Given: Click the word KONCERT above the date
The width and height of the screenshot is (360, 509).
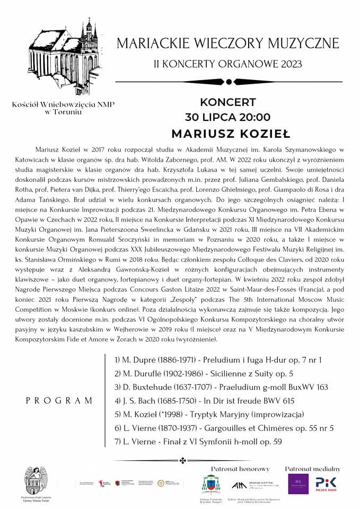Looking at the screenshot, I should coord(228,102).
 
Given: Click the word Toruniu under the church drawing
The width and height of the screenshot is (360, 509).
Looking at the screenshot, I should coord(70,112).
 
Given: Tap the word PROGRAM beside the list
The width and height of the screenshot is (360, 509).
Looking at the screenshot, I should coord(59,400).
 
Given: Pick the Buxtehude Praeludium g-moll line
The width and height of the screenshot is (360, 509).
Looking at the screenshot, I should coord(221,387).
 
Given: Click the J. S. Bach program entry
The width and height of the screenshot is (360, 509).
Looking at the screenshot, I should coord(204,400).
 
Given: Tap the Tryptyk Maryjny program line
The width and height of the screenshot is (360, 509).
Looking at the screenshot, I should coord(209,414).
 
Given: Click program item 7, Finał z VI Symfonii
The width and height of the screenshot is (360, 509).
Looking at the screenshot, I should coord(206,441).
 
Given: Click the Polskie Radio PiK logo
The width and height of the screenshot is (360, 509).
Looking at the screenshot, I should coord(326,484).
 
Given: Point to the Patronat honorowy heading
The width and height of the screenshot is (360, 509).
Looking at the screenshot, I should coord(240,469).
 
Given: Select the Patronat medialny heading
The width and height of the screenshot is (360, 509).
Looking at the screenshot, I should coord(313,469).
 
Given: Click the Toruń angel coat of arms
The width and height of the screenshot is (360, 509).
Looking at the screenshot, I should coord(36,480).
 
